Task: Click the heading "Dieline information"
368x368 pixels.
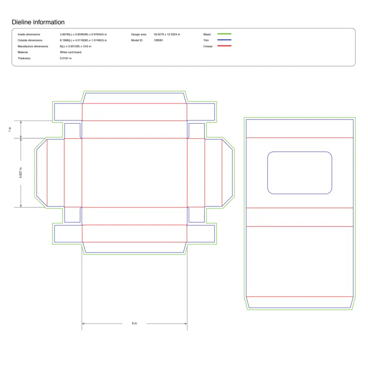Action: pyautogui.click(x=38, y=22)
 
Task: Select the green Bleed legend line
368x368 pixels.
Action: pyautogui.click(x=224, y=34)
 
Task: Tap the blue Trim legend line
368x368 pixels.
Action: pyautogui.click(x=224, y=40)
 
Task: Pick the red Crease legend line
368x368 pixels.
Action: pyautogui.click(x=224, y=46)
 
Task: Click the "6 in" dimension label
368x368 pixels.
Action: pyautogui.click(x=134, y=323)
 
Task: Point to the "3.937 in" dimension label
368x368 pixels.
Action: pyautogui.click(x=21, y=172)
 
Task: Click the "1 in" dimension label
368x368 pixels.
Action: pyautogui.click(x=10, y=129)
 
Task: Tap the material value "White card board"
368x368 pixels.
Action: pyautogui.click(x=71, y=52)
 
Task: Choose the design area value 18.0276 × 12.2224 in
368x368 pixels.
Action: pyautogui.click(x=167, y=34)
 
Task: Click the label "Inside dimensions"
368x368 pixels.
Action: pyautogui.click(x=29, y=34)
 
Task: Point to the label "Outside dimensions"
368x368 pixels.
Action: pyautogui.click(x=30, y=40)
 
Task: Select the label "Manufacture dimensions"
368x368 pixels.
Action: pyautogui.click(x=33, y=46)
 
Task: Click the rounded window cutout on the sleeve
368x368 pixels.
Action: pyautogui.click(x=299, y=172)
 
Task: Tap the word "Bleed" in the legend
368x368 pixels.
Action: pyautogui.click(x=207, y=34)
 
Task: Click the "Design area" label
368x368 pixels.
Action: pyautogui.click(x=138, y=34)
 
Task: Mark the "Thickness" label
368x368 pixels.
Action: pyautogui.click(x=24, y=58)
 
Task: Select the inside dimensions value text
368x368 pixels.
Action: pyautogui.click(x=83, y=34)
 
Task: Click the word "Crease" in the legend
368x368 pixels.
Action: pyautogui.click(x=208, y=46)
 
